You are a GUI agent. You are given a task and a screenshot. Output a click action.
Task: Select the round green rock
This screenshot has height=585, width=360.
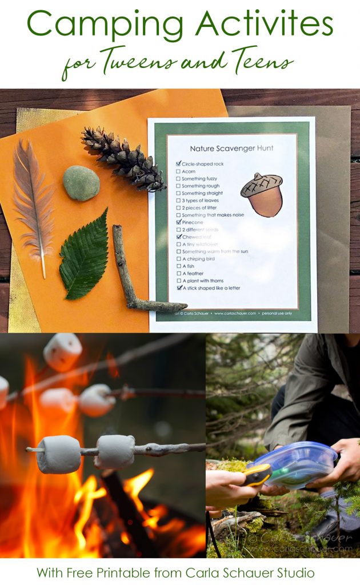pyautogui.click(x=81, y=183)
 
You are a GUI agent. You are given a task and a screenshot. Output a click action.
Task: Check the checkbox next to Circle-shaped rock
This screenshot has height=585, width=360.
pyautogui.click(x=179, y=163)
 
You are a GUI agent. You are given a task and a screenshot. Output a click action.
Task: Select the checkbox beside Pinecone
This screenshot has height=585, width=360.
pyautogui.click(x=179, y=222)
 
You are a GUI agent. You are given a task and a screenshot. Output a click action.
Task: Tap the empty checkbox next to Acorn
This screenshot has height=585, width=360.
pyautogui.click(x=179, y=171)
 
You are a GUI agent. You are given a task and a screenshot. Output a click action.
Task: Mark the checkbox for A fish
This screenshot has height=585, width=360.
pyautogui.click(x=179, y=266)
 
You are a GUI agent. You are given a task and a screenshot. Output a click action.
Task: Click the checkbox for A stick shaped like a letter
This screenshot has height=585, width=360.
pyautogui.click(x=179, y=289)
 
